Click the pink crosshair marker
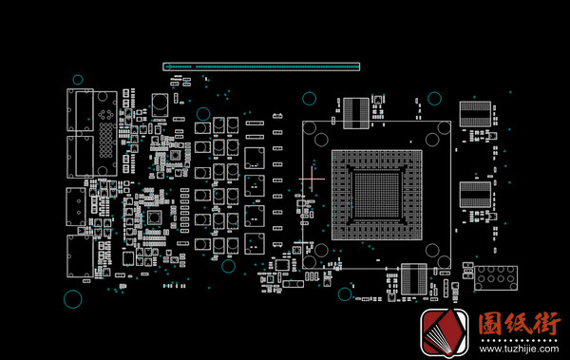(312, 179)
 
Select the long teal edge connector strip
(261, 66)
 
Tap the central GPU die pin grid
(376, 195)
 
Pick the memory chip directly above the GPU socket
(356, 113)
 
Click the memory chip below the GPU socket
(413, 279)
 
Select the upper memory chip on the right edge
(475, 114)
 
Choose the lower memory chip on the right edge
(475, 195)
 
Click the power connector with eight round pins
(496, 278)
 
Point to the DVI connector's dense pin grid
(106, 140)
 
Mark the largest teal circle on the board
(73, 299)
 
